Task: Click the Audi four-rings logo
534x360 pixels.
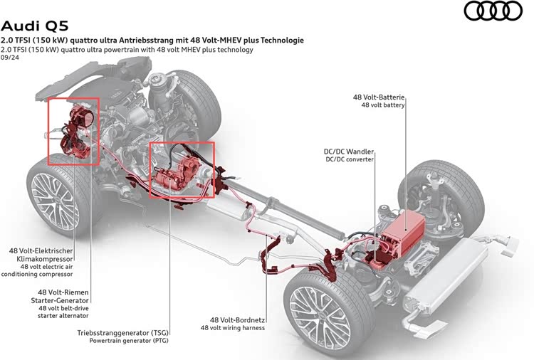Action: [x=493, y=11]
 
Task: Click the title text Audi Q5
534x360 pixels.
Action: [x=35, y=26]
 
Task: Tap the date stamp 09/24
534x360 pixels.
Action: [x=10, y=58]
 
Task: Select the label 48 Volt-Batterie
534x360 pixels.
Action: [x=378, y=97]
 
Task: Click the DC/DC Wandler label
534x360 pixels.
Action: [x=348, y=152]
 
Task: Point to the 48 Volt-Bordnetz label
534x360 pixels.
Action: [x=237, y=320]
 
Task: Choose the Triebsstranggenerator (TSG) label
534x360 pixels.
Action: [x=122, y=333]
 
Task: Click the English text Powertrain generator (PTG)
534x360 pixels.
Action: [x=129, y=340]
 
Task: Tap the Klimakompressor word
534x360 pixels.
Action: [x=44, y=259]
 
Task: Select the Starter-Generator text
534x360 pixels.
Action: [x=60, y=300]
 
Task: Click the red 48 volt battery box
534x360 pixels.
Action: [x=404, y=234]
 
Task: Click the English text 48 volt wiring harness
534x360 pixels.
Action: [x=233, y=328]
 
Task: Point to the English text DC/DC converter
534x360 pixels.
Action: [x=350, y=159]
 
